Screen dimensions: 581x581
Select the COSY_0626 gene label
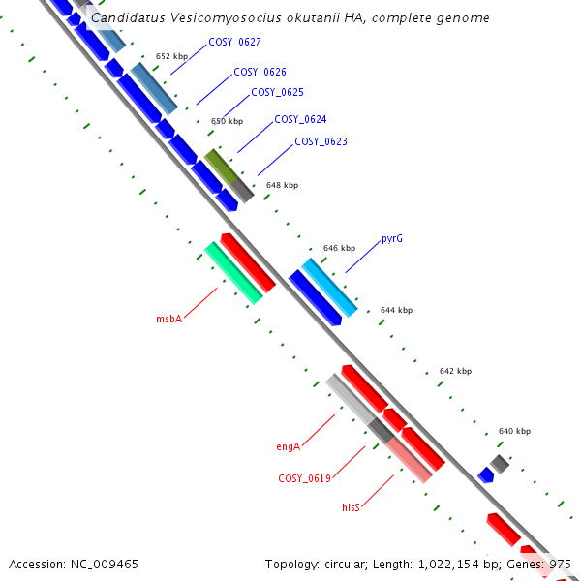(x=260, y=73)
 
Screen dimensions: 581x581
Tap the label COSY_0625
(x=277, y=92)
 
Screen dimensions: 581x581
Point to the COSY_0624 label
(x=300, y=120)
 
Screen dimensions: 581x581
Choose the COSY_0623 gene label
(x=321, y=141)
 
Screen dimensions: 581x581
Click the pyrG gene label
(x=392, y=238)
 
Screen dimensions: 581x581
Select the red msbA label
(x=169, y=319)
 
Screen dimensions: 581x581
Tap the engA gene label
(x=288, y=446)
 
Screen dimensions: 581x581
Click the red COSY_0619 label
(x=305, y=478)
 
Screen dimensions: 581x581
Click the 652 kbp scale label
(x=171, y=57)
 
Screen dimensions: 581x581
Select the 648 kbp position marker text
(x=282, y=185)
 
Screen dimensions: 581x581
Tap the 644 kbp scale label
(x=396, y=311)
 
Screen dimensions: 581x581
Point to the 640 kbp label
(x=514, y=431)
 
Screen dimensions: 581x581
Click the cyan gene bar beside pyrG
(x=330, y=288)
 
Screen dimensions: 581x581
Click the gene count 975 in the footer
(x=560, y=564)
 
